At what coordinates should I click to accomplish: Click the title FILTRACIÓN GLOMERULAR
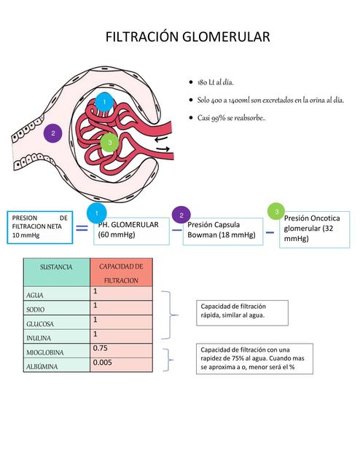[188, 36]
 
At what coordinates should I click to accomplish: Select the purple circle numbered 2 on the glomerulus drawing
[52, 134]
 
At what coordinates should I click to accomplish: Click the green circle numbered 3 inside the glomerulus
[109, 143]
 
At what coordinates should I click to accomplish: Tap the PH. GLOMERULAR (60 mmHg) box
[132, 231]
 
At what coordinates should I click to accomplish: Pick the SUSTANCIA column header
[52, 267]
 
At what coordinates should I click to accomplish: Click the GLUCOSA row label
[39, 324]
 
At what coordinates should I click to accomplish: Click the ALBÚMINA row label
[42, 367]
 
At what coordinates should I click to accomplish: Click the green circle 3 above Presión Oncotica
[276, 211]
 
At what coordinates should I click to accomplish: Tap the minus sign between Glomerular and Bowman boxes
[176, 230]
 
